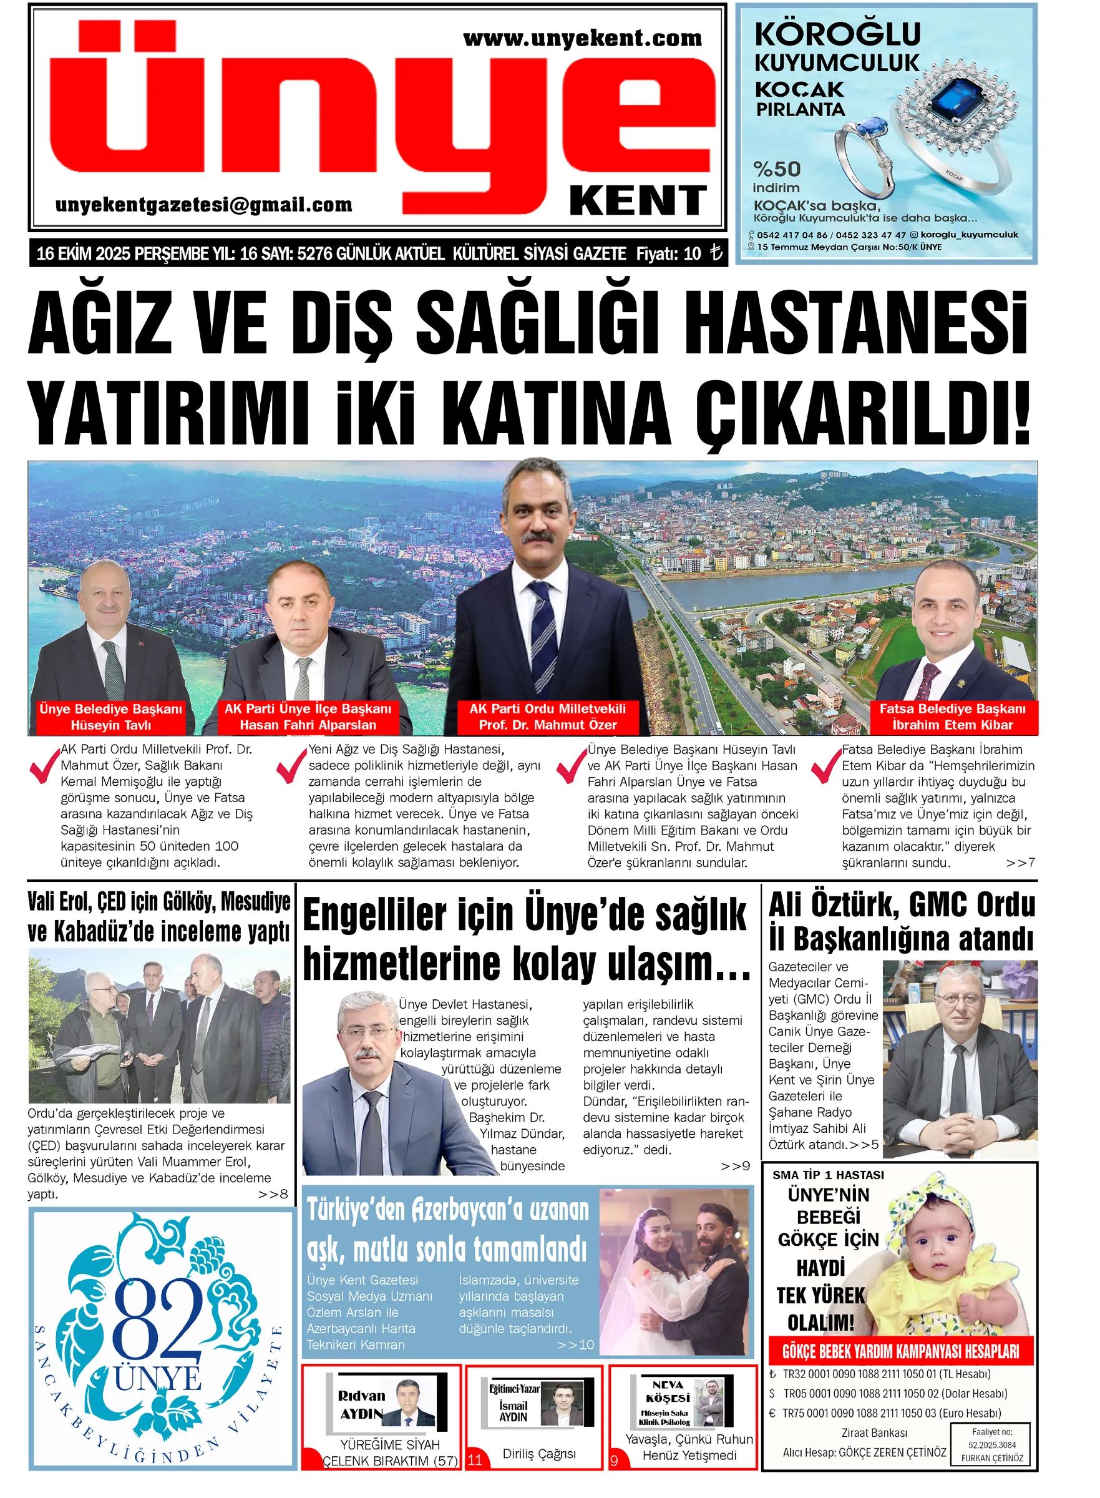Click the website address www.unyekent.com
(x=582, y=39)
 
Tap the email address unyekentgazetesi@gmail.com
(x=204, y=205)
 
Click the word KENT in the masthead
(x=637, y=200)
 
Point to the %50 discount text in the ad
(x=776, y=169)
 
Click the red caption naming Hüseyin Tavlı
(x=110, y=717)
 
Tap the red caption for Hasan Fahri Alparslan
(x=308, y=717)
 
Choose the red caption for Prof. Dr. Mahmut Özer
(x=547, y=717)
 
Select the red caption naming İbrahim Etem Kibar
(x=952, y=717)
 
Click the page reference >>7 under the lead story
(x=1020, y=863)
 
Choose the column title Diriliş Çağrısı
(x=538, y=1454)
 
